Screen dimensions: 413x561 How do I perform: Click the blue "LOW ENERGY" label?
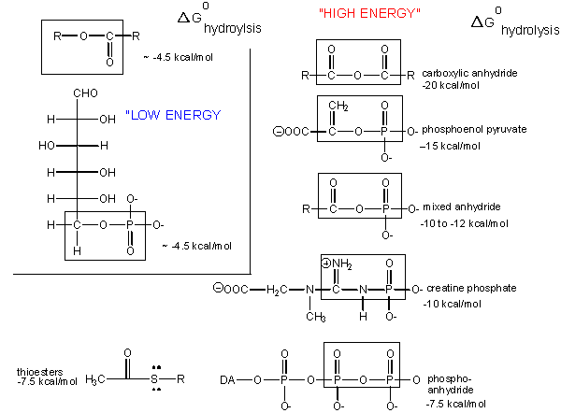[x=175, y=115]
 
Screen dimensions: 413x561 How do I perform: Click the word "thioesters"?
[x=39, y=372]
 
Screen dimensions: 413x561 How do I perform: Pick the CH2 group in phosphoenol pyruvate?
[x=338, y=108]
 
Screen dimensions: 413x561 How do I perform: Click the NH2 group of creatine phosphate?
[x=339, y=264]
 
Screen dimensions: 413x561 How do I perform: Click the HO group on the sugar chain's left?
[x=48, y=145]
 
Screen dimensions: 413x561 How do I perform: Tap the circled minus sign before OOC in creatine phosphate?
[x=216, y=288]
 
